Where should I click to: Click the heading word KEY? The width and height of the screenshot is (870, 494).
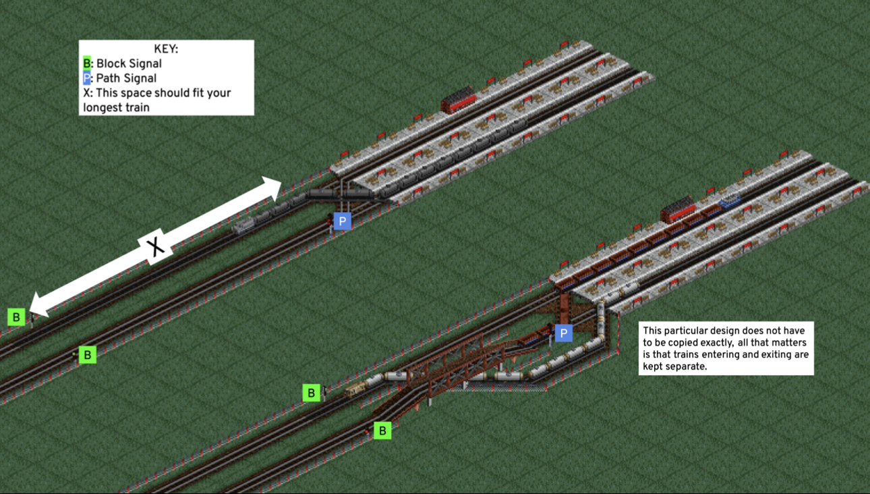(x=166, y=49)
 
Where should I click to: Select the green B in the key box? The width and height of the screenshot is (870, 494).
(x=86, y=63)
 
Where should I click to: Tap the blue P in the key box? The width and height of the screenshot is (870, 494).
(x=86, y=78)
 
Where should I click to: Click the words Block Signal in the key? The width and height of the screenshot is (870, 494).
(x=129, y=63)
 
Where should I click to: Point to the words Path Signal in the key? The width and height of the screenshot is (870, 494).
(x=126, y=78)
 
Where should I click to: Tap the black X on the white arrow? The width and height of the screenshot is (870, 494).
(x=156, y=247)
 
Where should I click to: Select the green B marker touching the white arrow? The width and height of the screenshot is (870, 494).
(x=16, y=317)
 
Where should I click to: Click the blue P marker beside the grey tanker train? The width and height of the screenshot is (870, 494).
(x=342, y=221)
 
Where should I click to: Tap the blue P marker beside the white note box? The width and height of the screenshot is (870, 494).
(x=563, y=333)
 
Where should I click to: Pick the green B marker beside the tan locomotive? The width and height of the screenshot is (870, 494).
(x=311, y=393)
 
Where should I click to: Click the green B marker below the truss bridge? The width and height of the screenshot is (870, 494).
(x=382, y=431)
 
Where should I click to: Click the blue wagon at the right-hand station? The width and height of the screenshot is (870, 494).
(x=729, y=200)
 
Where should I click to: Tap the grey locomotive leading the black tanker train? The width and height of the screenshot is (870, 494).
(x=244, y=226)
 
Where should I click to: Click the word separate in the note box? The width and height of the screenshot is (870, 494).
(x=684, y=366)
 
